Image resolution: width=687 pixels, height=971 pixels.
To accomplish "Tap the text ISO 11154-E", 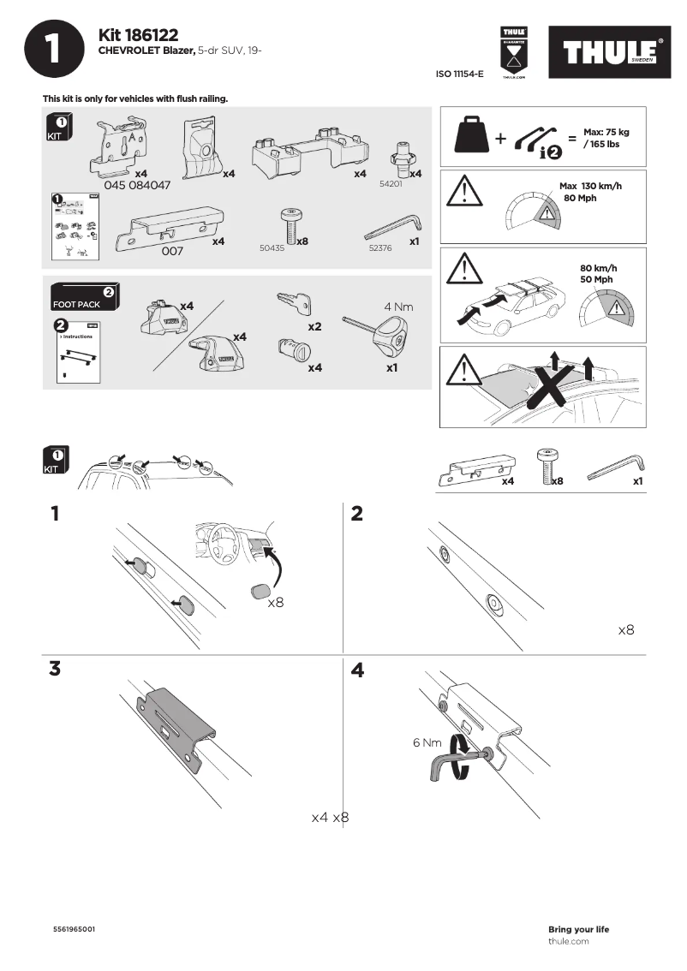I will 460,74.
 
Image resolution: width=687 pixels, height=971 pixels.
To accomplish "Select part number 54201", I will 391,184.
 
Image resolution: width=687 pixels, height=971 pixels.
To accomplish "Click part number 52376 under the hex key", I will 379,247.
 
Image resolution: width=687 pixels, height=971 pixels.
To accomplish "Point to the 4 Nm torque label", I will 399,306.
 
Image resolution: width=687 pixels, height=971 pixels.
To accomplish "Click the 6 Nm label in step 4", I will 427,742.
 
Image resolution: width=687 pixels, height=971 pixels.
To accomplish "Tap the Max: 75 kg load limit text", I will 606,132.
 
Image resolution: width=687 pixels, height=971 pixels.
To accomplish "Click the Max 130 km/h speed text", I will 590,186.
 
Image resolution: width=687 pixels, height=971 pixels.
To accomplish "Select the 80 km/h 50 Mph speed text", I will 598,274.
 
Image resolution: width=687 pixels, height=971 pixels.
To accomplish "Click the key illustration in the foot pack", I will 293,304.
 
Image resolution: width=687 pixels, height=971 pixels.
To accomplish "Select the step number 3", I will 55,670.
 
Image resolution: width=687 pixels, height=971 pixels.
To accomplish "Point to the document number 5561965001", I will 75,929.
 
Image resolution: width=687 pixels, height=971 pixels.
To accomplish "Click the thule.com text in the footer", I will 568,941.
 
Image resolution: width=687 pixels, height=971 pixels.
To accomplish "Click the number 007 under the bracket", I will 173,252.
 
